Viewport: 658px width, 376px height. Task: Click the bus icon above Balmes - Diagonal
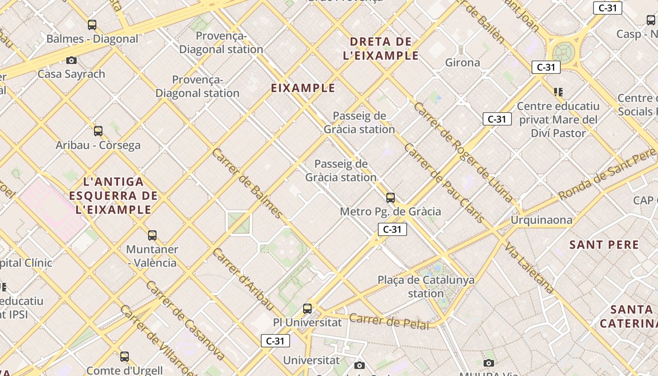92,25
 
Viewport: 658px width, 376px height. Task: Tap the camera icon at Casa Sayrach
71,60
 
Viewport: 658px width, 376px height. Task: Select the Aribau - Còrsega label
98,145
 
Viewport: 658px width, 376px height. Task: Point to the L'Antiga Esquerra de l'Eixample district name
113,196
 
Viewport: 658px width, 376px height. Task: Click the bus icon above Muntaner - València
152,235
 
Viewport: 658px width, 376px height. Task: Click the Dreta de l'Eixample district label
381,48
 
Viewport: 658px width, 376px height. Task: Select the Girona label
462,63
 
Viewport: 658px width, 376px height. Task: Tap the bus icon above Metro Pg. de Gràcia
390,198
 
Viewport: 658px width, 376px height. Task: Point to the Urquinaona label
541,220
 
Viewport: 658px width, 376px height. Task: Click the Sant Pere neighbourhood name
604,245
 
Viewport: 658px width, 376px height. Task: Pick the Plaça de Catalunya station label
426,287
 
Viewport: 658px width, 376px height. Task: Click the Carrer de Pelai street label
389,321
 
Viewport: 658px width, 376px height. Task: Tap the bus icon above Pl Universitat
307,309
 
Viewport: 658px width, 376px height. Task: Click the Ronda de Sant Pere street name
606,174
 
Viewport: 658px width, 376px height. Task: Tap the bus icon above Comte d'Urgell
125,357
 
